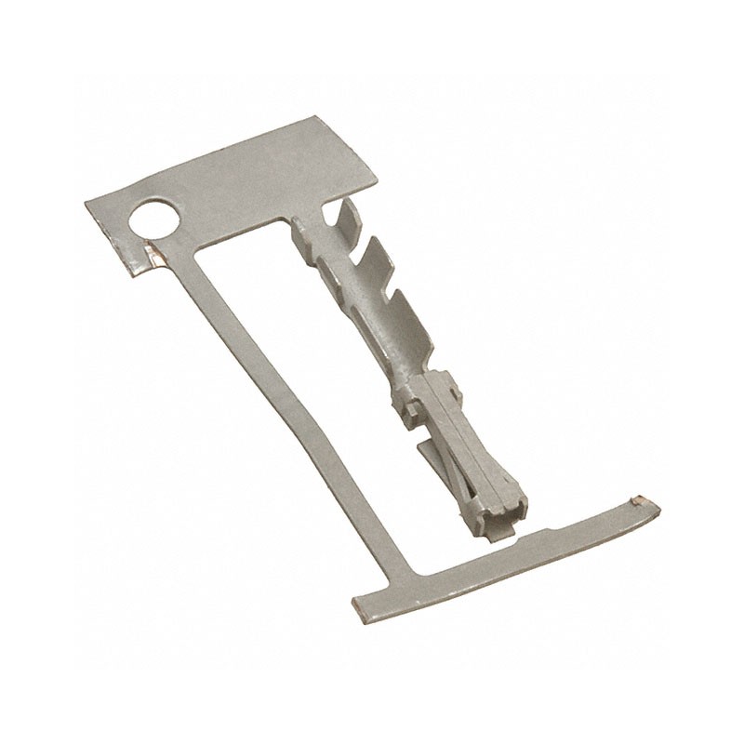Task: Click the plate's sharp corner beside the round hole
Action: [87, 202]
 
